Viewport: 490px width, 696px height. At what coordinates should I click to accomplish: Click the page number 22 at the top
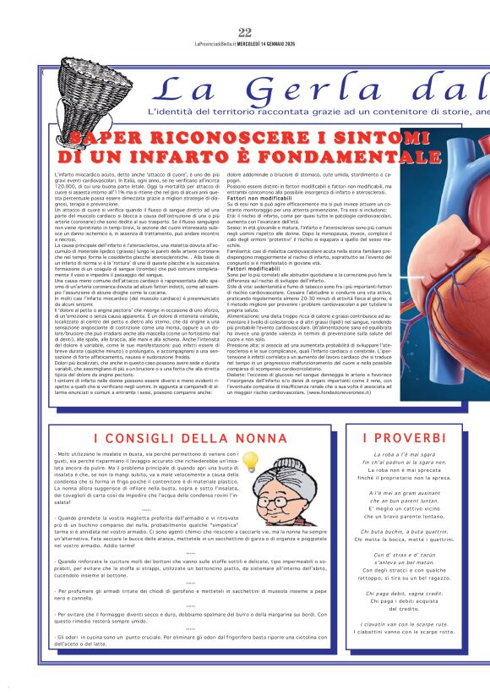[x=245, y=32]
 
